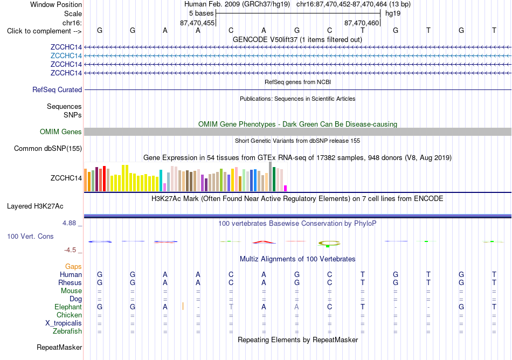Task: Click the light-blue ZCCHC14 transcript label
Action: pos(66,56)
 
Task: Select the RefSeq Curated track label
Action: pos(57,90)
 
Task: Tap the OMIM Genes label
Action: pos(61,132)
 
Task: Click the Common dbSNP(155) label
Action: pos(48,149)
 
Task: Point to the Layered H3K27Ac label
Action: pos(35,206)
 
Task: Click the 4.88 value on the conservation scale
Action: pos(69,223)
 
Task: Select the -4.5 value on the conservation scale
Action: pos(70,250)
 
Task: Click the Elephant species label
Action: pos(68,307)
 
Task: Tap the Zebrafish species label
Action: pos(67,331)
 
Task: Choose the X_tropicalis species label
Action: pos(64,323)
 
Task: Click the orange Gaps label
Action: pos(73,267)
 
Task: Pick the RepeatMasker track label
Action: pos(59,348)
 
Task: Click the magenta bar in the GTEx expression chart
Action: pos(286,188)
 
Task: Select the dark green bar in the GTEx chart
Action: pos(274,179)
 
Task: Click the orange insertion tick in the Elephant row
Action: pos(183,306)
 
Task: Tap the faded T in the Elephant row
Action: pos(231,307)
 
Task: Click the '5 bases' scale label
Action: pos(201,13)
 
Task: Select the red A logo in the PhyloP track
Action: pos(264,242)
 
